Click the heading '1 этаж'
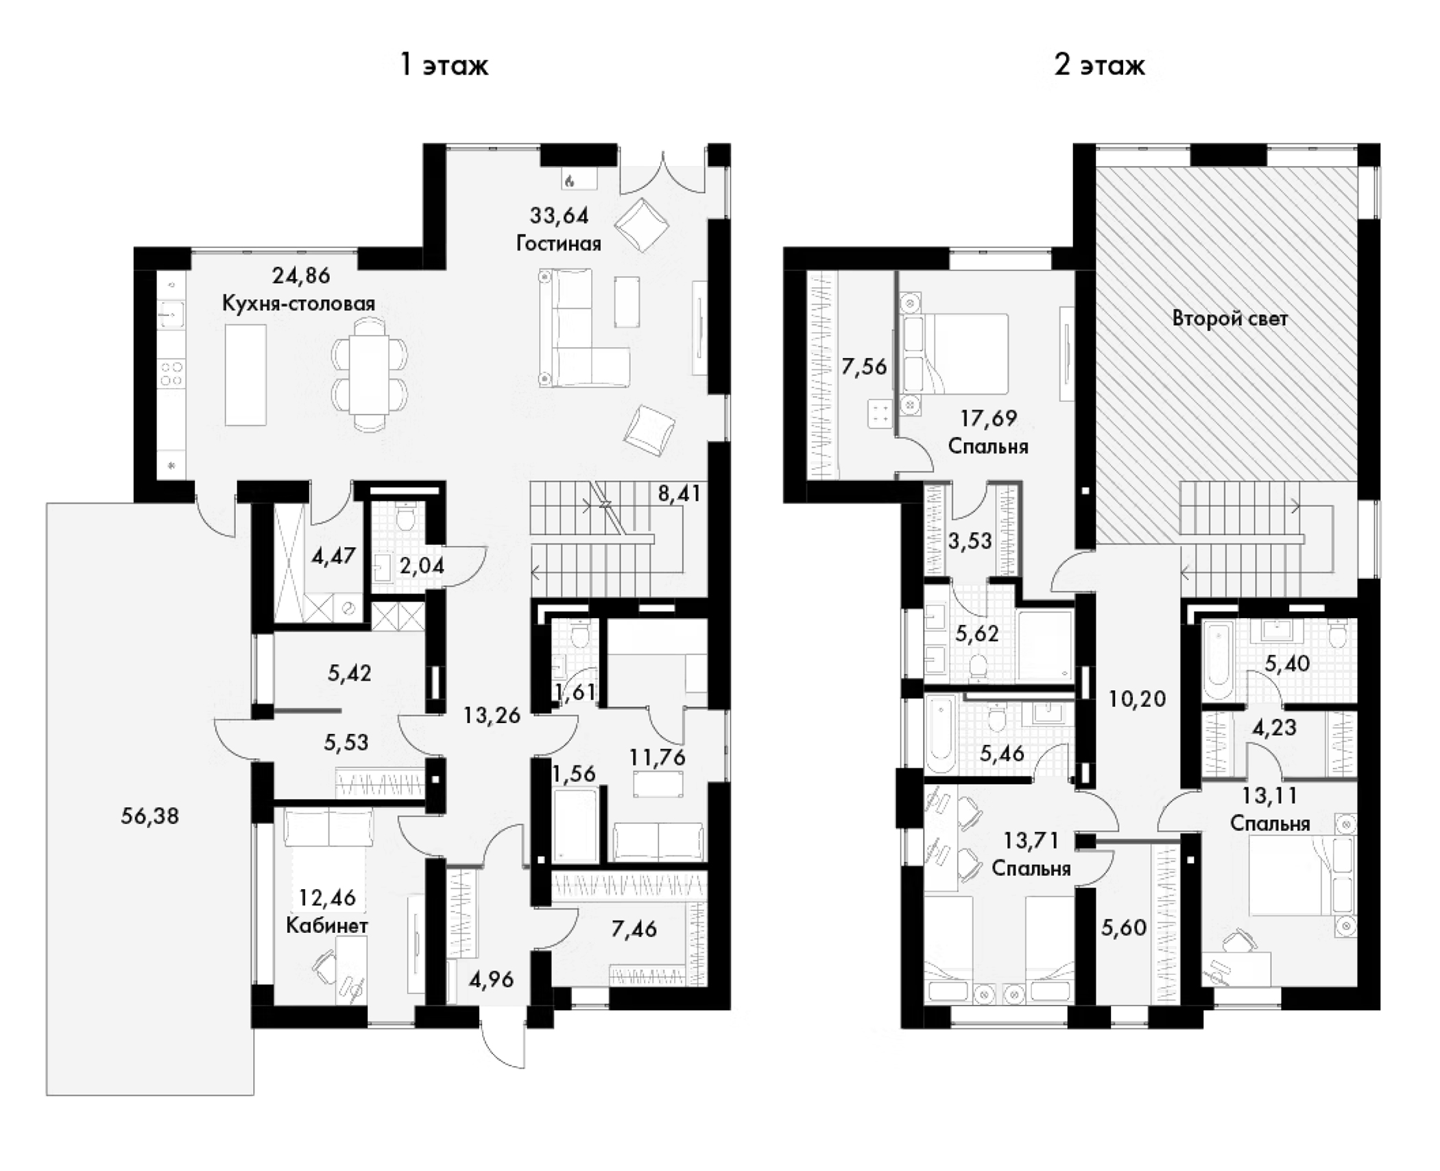(x=444, y=66)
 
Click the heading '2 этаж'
(x=1099, y=66)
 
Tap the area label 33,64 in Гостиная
(x=559, y=215)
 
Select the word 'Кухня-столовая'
(x=298, y=304)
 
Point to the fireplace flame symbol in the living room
(x=569, y=180)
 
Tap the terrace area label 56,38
(x=149, y=816)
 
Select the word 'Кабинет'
(x=326, y=925)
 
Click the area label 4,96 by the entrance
(x=491, y=979)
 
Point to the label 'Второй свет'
(x=1229, y=319)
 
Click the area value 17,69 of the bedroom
(x=988, y=417)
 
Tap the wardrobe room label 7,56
(x=864, y=366)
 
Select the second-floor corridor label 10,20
(x=1137, y=699)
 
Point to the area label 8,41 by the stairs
(x=679, y=493)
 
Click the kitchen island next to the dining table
(x=245, y=375)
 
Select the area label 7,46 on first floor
(x=634, y=929)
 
